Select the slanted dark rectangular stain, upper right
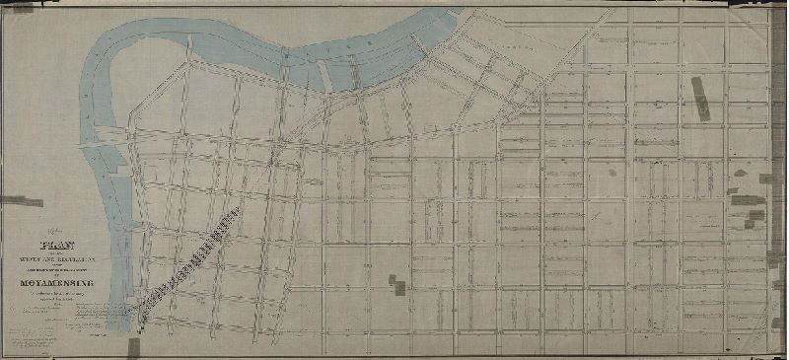(701, 99)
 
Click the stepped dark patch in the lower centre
(396, 284)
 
